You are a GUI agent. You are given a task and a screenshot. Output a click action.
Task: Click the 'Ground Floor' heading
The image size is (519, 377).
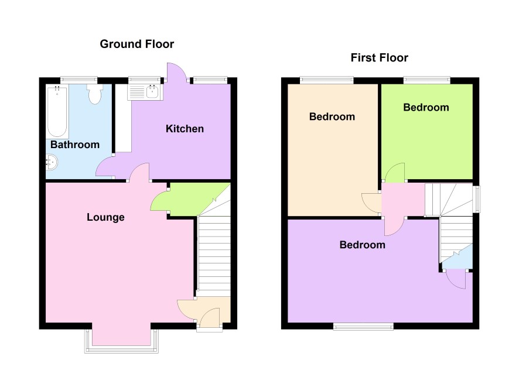pyautogui.click(x=136, y=44)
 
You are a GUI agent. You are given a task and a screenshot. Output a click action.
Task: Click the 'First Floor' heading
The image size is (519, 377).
pyautogui.click(x=380, y=58)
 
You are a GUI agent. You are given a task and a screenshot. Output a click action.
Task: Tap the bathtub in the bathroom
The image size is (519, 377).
pyautogui.click(x=57, y=111)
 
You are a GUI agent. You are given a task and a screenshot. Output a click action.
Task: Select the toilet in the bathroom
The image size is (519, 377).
pyautogui.click(x=95, y=94)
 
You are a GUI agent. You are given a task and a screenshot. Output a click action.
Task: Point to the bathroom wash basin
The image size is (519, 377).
pyautogui.click(x=52, y=162)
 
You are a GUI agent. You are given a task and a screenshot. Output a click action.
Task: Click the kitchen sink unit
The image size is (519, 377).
pyautogui.click(x=145, y=92)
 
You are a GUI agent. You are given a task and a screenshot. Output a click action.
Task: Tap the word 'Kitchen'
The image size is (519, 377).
pyautogui.click(x=185, y=129)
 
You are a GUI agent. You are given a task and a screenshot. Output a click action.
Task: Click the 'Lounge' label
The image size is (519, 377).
pyautogui.click(x=105, y=217)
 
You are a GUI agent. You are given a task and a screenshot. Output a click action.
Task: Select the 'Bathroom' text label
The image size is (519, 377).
pyautogui.click(x=75, y=145)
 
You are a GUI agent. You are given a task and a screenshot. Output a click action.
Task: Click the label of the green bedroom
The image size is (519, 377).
pyautogui.click(x=426, y=108)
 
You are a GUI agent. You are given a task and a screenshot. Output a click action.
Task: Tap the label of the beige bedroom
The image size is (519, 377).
pyautogui.click(x=332, y=116)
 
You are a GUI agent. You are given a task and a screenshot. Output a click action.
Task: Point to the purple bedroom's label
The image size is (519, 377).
pyautogui.click(x=363, y=245)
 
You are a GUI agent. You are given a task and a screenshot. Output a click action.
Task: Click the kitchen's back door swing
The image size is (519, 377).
pyautogui.click(x=176, y=72)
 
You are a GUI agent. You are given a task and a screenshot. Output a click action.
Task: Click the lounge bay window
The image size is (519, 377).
pyautogui.click(x=122, y=341)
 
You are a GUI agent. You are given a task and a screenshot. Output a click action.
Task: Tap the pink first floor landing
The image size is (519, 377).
pyautogui.click(x=403, y=200)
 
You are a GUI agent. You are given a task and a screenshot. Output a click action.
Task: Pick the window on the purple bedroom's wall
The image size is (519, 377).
pyautogui.click(x=363, y=327)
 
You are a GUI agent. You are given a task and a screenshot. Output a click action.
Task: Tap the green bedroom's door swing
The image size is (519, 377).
pyautogui.click(x=395, y=172)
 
